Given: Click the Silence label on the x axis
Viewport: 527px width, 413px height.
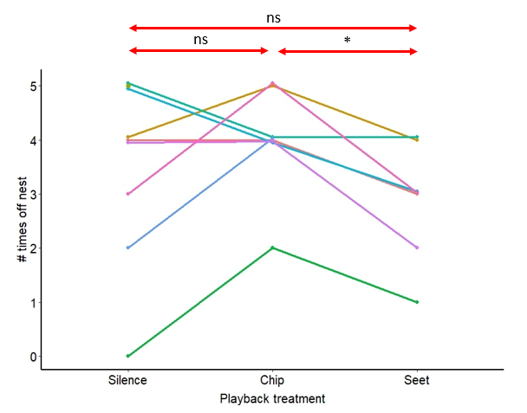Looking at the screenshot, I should coord(128,380).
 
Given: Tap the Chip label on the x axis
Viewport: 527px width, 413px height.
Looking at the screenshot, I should coord(272,380).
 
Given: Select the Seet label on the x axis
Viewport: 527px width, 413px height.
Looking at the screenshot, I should coord(417,380).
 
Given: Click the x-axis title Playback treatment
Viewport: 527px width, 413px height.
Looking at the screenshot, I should coord(272,399).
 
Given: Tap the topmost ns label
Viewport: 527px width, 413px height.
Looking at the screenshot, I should coord(273,17).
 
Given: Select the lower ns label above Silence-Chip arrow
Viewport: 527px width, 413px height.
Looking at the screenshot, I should coord(200,39).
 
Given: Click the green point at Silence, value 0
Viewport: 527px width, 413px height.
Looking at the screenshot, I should coord(128,356).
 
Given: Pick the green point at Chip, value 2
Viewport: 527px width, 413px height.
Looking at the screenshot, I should coord(272,248).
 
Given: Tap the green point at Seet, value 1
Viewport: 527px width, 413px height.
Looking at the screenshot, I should coord(417,302).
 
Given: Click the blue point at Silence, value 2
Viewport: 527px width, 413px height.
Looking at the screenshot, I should coord(128,248).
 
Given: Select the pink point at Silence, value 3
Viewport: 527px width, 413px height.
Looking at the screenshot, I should coord(128,194).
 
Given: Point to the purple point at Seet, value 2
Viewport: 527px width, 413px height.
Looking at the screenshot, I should coord(417,248).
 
